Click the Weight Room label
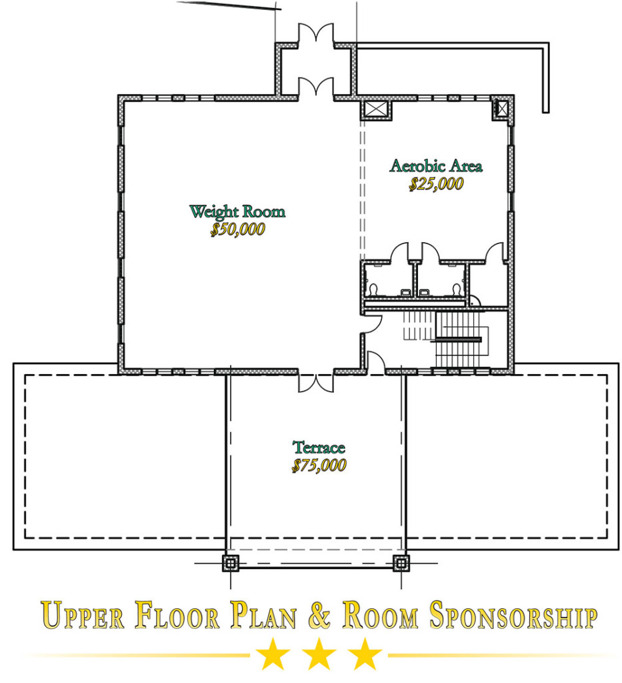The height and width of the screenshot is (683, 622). click(x=237, y=211)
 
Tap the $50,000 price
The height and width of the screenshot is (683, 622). click(x=237, y=229)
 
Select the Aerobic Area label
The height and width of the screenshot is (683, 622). click(x=436, y=166)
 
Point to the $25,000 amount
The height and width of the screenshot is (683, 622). click(x=436, y=184)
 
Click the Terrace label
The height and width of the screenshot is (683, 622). click(x=319, y=448)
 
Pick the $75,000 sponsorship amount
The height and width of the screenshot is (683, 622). click(x=319, y=465)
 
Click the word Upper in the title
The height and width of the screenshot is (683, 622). click(x=83, y=615)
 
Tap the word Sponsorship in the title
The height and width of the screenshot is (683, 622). click(x=513, y=615)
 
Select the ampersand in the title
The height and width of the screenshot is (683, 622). click(x=319, y=615)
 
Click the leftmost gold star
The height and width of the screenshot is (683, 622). click(x=273, y=654)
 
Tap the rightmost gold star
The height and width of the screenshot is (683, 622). click(x=364, y=654)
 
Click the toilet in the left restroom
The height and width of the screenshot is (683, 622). click(x=373, y=289)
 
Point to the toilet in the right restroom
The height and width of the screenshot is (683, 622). click(x=456, y=289)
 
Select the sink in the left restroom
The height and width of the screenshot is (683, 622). click(x=405, y=292)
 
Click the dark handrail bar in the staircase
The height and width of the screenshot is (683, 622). click(x=459, y=339)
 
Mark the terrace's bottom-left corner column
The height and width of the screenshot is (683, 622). click(x=230, y=563)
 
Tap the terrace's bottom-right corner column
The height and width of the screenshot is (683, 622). click(x=401, y=563)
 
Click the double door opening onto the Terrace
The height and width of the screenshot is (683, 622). click(x=316, y=382)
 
